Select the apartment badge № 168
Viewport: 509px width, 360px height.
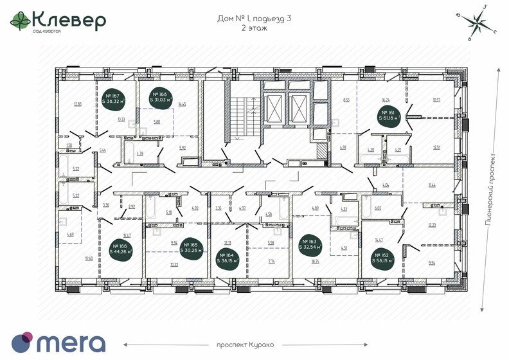[x=161, y=97]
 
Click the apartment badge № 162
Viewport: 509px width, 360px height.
[x=384, y=259]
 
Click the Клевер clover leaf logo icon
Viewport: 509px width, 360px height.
[x=19, y=22]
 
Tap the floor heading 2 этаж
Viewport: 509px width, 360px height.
[x=254, y=29]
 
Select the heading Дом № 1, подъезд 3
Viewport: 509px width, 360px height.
[x=254, y=19]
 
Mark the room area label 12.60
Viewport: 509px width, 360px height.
[x=89, y=258]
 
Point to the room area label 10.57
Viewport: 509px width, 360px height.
[x=437, y=100]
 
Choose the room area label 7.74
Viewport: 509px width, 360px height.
[x=271, y=262]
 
